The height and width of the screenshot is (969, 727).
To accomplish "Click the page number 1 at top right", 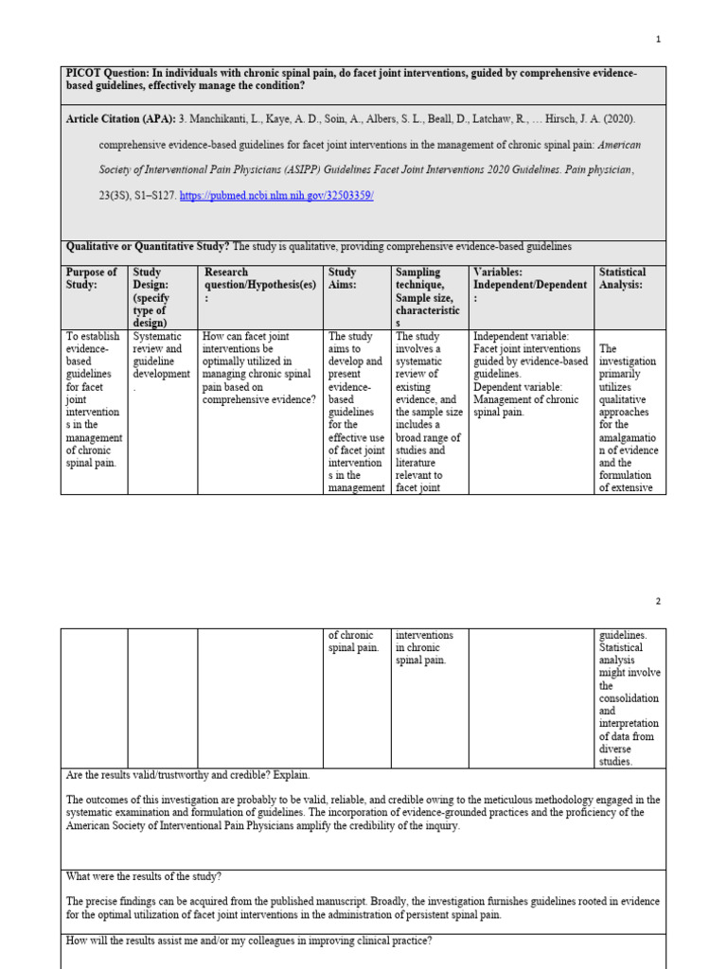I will tap(659, 39).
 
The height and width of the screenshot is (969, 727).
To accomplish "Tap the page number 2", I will tap(659, 601).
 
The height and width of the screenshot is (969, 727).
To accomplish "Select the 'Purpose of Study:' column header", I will tap(92, 278).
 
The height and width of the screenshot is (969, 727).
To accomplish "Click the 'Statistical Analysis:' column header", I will tap(622, 278).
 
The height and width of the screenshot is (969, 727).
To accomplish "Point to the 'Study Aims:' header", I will tap(343, 278).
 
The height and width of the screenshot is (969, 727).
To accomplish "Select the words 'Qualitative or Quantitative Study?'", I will tap(148, 247).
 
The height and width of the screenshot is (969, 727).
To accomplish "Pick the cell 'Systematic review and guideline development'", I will tap(162, 361).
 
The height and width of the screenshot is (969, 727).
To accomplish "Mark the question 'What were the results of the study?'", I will tap(144, 876).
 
